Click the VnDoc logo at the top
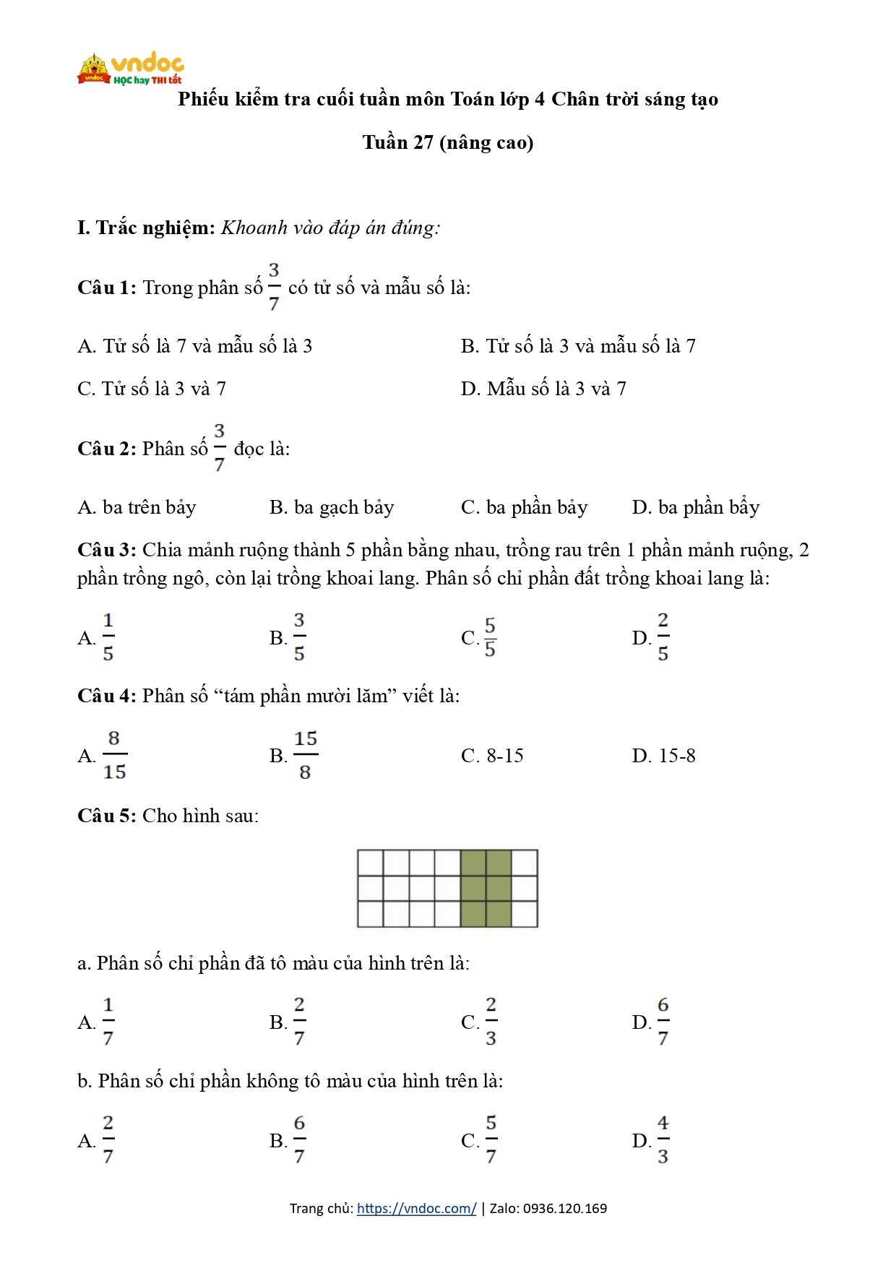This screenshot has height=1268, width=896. [x=130, y=69]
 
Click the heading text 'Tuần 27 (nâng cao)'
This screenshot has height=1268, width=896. [x=448, y=142]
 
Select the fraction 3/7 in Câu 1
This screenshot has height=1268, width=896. [x=274, y=288]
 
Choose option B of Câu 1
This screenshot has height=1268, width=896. [x=578, y=346]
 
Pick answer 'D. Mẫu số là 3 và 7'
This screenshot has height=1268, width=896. [x=543, y=389]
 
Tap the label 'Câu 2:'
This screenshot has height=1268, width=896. [x=106, y=449]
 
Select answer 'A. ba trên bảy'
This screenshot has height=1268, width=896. [x=137, y=507]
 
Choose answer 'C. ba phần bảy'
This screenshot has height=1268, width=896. [x=524, y=507]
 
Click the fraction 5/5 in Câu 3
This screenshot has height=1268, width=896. [x=490, y=637]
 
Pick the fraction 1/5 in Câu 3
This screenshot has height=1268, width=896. [x=108, y=637]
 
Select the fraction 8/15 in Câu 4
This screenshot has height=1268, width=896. [x=114, y=755]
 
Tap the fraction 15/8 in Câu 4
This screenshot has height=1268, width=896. [x=305, y=755]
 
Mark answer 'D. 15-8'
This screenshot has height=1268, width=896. [x=663, y=756]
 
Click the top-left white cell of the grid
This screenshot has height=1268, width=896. [x=371, y=863]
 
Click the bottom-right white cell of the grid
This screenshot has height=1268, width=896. [x=525, y=914]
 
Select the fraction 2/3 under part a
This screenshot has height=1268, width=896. [x=491, y=1022]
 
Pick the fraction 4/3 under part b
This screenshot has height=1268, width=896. [x=663, y=1140]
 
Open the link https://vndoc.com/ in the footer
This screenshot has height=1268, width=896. [x=416, y=1208]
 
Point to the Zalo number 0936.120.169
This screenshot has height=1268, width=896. [x=564, y=1208]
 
